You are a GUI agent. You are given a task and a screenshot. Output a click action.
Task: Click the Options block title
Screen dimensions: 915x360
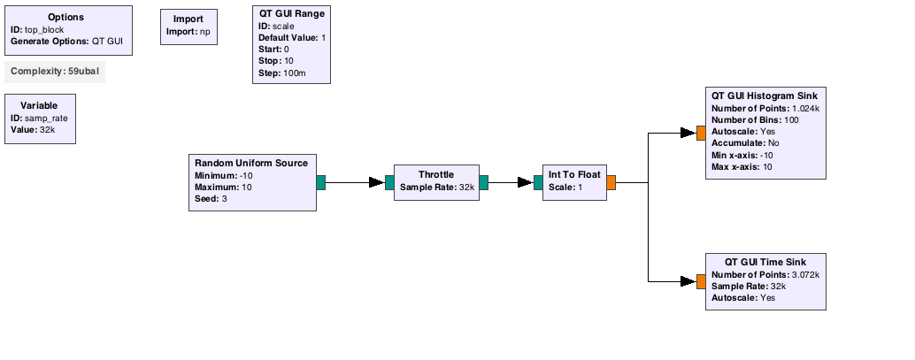click(x=66, y=18)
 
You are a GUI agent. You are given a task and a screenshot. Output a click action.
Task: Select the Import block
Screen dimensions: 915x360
click(x=189, y=27)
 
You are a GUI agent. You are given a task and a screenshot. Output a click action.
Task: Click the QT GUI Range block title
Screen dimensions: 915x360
click(x=292, y=13)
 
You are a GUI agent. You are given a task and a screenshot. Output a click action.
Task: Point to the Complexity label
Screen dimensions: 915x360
click(x=55, y=72)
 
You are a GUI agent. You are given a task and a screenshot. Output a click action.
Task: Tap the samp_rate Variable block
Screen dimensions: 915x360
click(x=41, y=119)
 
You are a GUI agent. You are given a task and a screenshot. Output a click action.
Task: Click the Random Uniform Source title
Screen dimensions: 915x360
click(x=251, y=164)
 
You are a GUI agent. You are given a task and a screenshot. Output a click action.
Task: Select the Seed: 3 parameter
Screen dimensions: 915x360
click(x=211, y=199)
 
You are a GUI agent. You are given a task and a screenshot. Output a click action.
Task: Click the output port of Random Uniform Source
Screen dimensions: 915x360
click(x=321, y=182)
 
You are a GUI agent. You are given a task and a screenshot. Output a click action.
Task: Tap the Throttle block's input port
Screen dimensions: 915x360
click(x=390, y=182)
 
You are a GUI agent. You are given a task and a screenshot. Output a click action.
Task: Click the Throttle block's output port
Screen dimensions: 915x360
click(x=484, y=182)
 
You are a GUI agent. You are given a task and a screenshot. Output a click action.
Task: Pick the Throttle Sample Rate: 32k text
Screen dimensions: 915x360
click(x=436, y=188)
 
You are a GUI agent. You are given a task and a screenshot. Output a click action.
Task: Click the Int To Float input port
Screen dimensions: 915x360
click(x=538, y=182)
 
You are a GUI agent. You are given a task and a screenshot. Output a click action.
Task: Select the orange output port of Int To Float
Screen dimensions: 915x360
click(x=611, y=182)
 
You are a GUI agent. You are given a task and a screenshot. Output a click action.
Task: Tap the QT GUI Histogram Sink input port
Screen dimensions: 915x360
click(x=702, y=133)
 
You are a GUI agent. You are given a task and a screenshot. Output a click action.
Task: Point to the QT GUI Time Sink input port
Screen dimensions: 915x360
click(x=702, y=282)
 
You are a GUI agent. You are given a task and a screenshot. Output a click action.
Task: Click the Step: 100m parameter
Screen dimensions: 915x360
click(x=282, y=73)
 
